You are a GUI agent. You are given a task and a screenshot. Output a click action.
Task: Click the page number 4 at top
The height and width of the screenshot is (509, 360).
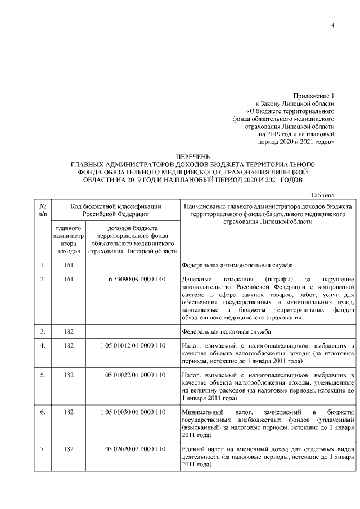333,26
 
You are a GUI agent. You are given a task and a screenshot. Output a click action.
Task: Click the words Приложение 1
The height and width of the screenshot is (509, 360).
314,96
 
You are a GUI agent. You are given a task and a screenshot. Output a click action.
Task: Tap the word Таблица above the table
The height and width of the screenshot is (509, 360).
323,195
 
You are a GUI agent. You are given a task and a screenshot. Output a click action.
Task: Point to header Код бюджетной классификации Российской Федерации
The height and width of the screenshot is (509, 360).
115,210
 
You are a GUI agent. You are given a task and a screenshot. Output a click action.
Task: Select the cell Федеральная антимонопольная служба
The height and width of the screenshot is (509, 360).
237,264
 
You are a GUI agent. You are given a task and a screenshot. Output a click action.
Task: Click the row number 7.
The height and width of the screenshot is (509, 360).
43,449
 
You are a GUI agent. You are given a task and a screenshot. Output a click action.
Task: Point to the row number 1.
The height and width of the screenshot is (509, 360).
43,264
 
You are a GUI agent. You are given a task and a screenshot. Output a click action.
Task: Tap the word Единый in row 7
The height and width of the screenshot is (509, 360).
195,449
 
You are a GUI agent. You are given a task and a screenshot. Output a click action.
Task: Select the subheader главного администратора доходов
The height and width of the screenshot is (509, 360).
68,240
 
